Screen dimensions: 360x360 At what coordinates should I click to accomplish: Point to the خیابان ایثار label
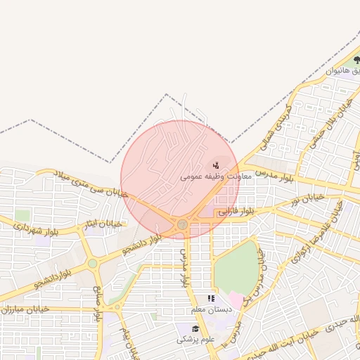tap(104, 224)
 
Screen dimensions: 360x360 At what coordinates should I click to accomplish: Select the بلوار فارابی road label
tap(234, 211)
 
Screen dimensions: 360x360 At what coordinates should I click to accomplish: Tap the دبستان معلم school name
tap(211, 309)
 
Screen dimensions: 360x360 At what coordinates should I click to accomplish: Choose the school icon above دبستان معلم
tap(211, 299)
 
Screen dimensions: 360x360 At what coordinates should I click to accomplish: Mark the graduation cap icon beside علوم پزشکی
tap(195, 329)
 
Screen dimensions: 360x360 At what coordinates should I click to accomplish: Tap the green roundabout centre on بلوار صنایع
tap(92, 264)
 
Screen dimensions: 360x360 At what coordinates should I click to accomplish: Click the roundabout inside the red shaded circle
tap(182, 224)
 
